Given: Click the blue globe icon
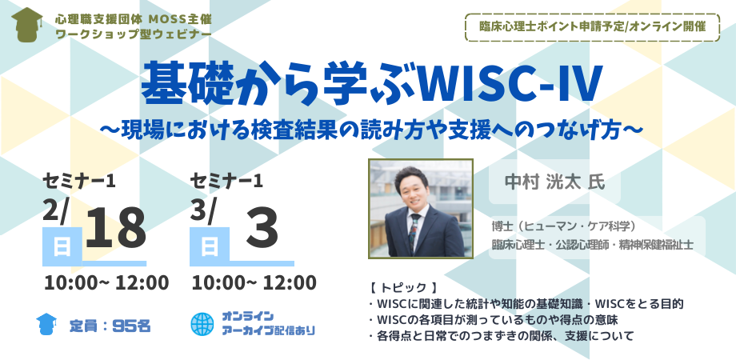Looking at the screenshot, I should click(202, 323).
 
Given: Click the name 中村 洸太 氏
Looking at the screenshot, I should click(552, 181).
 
